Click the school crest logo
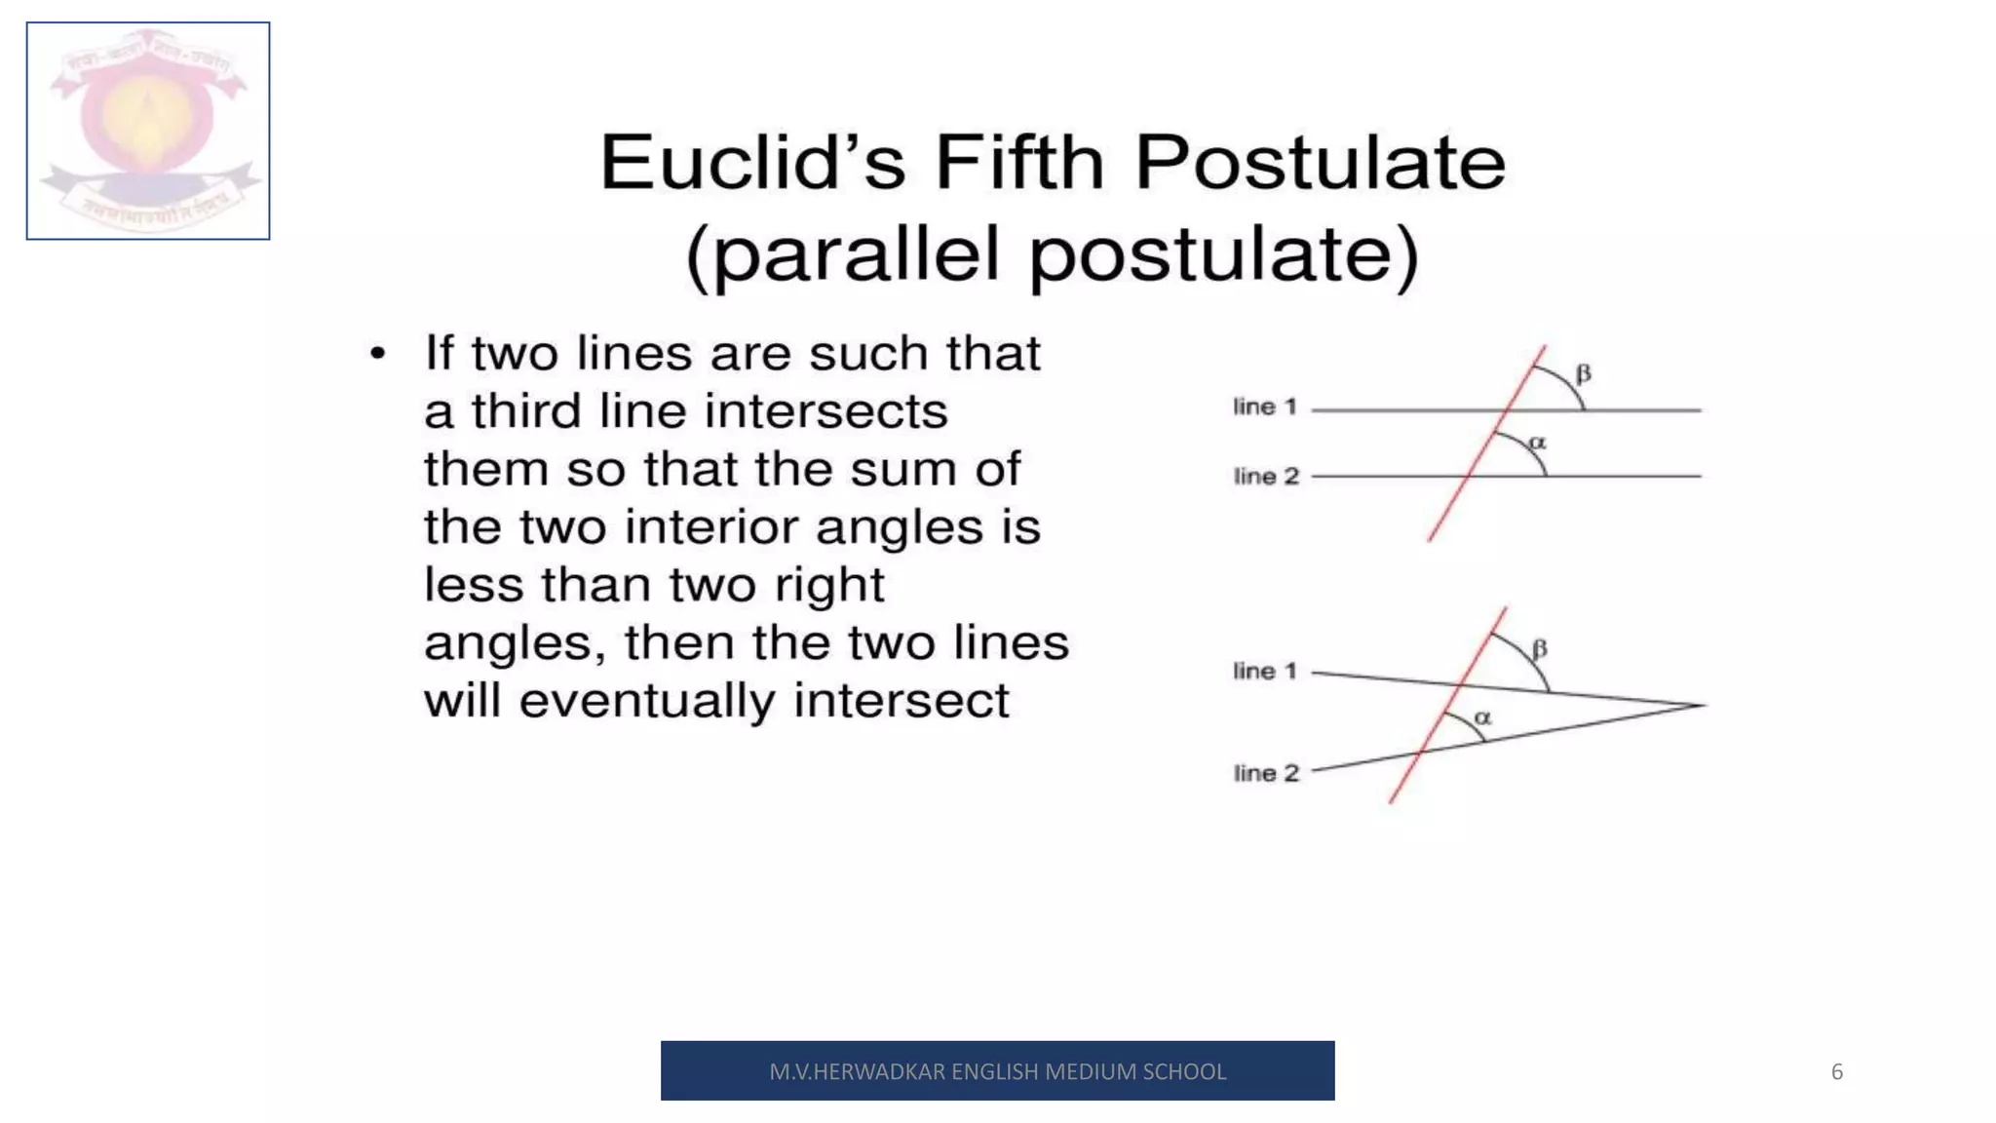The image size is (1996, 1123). coord(148,131)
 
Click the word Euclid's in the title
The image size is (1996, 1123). coord(751,162)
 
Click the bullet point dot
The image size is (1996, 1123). coord(378,354)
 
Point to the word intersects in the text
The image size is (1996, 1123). coord(825,411)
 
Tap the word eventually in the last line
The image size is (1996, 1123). coord(647,701)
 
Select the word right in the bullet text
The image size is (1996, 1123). coord(829,586)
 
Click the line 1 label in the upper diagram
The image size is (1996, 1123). coord(1265,407)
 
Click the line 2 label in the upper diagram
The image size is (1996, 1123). coord(1266,476)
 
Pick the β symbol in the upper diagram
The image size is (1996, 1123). coord(1584,373)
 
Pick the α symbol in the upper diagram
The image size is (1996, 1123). coord(1538,443)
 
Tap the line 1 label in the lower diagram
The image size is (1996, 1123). coord(1265,671)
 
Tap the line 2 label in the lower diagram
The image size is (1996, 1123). coord(1266,773)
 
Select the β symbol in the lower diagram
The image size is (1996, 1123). coord(1540,648)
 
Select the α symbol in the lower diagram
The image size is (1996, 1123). coord(1482,717)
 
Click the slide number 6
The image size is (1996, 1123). coord(1837,1071)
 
